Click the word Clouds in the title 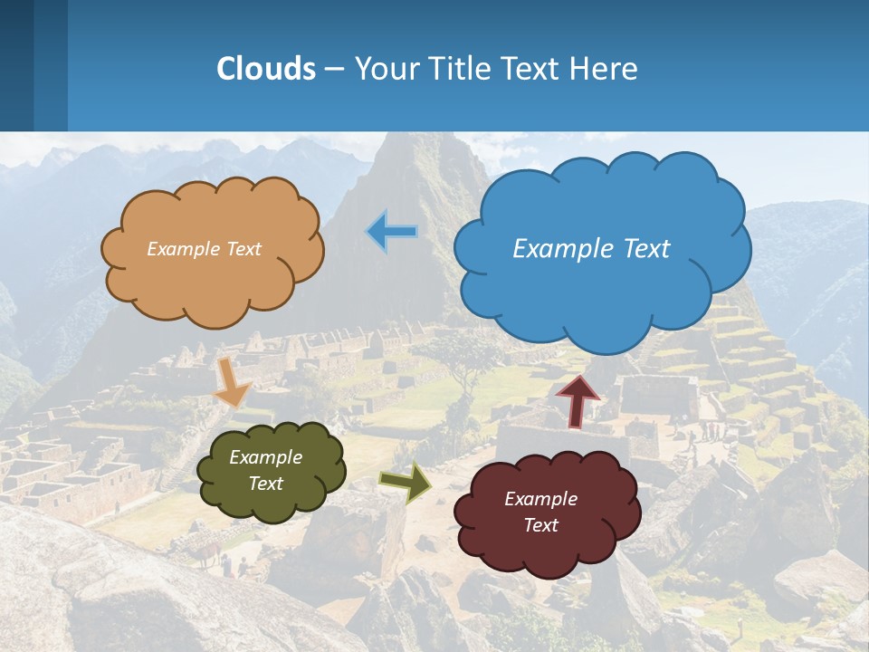click(266, 69)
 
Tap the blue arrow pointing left click(392, 232)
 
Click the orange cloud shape click(213, 281)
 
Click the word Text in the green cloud click(266, 484)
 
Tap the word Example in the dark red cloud click(540, 499)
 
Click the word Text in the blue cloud click(647, 249)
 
